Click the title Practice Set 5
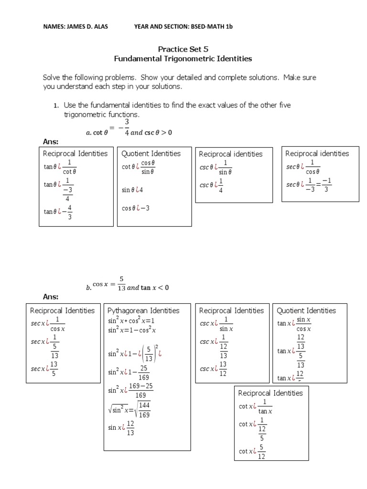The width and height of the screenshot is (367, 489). (x=183, y=49)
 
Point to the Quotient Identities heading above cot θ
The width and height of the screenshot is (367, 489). (x=151, y=153)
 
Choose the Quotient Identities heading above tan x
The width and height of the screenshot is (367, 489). (x=306, y=310)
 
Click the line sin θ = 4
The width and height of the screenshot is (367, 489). (x=132, y=190)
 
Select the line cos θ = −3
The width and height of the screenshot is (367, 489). (x=136, y=208)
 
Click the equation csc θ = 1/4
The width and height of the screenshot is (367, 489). (x=212, y=185)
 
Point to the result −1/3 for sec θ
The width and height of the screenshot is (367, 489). (x=327, y=184)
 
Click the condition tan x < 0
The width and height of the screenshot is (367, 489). (x=155, y=287)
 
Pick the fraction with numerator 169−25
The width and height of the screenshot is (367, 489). (x=141, y=390)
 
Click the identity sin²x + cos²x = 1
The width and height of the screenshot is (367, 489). (x=131, y=321)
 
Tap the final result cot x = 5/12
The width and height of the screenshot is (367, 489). (x=252, y=451)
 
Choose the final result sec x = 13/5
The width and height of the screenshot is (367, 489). (x=45, y=369)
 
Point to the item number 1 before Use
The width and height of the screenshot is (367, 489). (x=55, y=106)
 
